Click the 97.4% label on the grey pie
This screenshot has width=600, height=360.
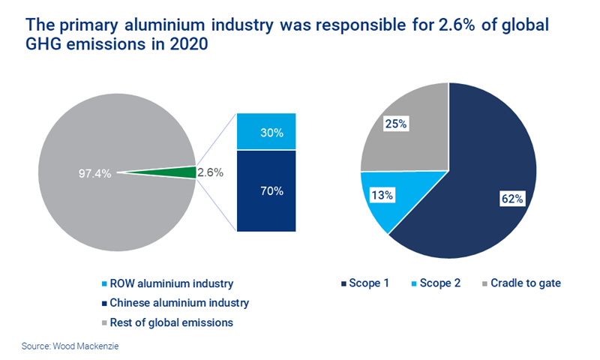(94, 173)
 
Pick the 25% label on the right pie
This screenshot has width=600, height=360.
(395, 124)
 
